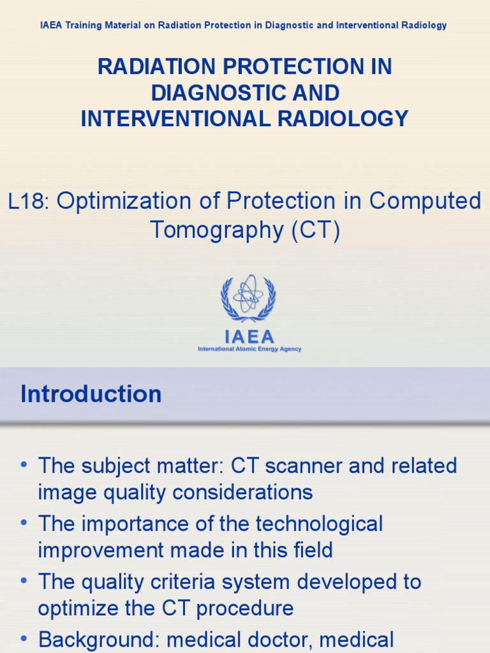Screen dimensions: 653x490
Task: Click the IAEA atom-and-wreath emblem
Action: coord(248,298)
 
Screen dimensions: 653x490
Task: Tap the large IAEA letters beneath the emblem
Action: coord(249,337)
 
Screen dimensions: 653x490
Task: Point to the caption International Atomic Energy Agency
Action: coord(249,349)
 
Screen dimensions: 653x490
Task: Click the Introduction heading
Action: coord(91,394)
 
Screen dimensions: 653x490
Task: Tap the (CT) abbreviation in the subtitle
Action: coord(316,230)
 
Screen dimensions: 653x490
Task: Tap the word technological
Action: coord(319,524)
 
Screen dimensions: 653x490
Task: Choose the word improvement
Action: coord(102,550)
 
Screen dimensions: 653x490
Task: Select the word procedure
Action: coord(245,608)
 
